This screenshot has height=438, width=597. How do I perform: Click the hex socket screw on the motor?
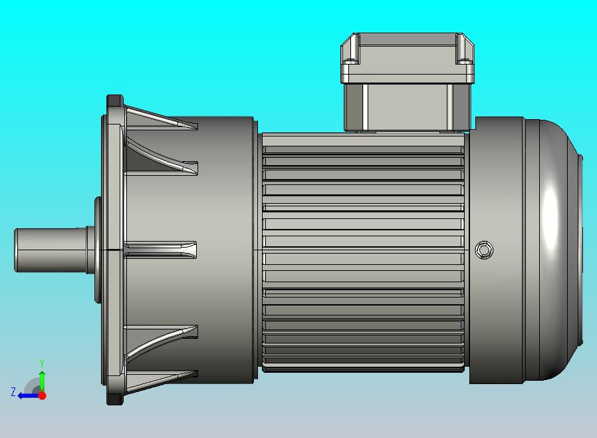[x=484, y=250]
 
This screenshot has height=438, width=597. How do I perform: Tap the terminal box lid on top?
[x=408, y=58]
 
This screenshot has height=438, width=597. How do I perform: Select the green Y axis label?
[x=42, y=363]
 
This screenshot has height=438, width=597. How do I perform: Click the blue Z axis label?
[x=13, y=391]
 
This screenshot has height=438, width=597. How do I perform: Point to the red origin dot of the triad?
[x=43, y=395]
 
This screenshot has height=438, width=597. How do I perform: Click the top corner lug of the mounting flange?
[x=115, y=101]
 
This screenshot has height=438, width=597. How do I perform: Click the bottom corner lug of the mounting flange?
[x=115, y=398]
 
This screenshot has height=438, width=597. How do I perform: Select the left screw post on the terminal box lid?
[x=354, y=49]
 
